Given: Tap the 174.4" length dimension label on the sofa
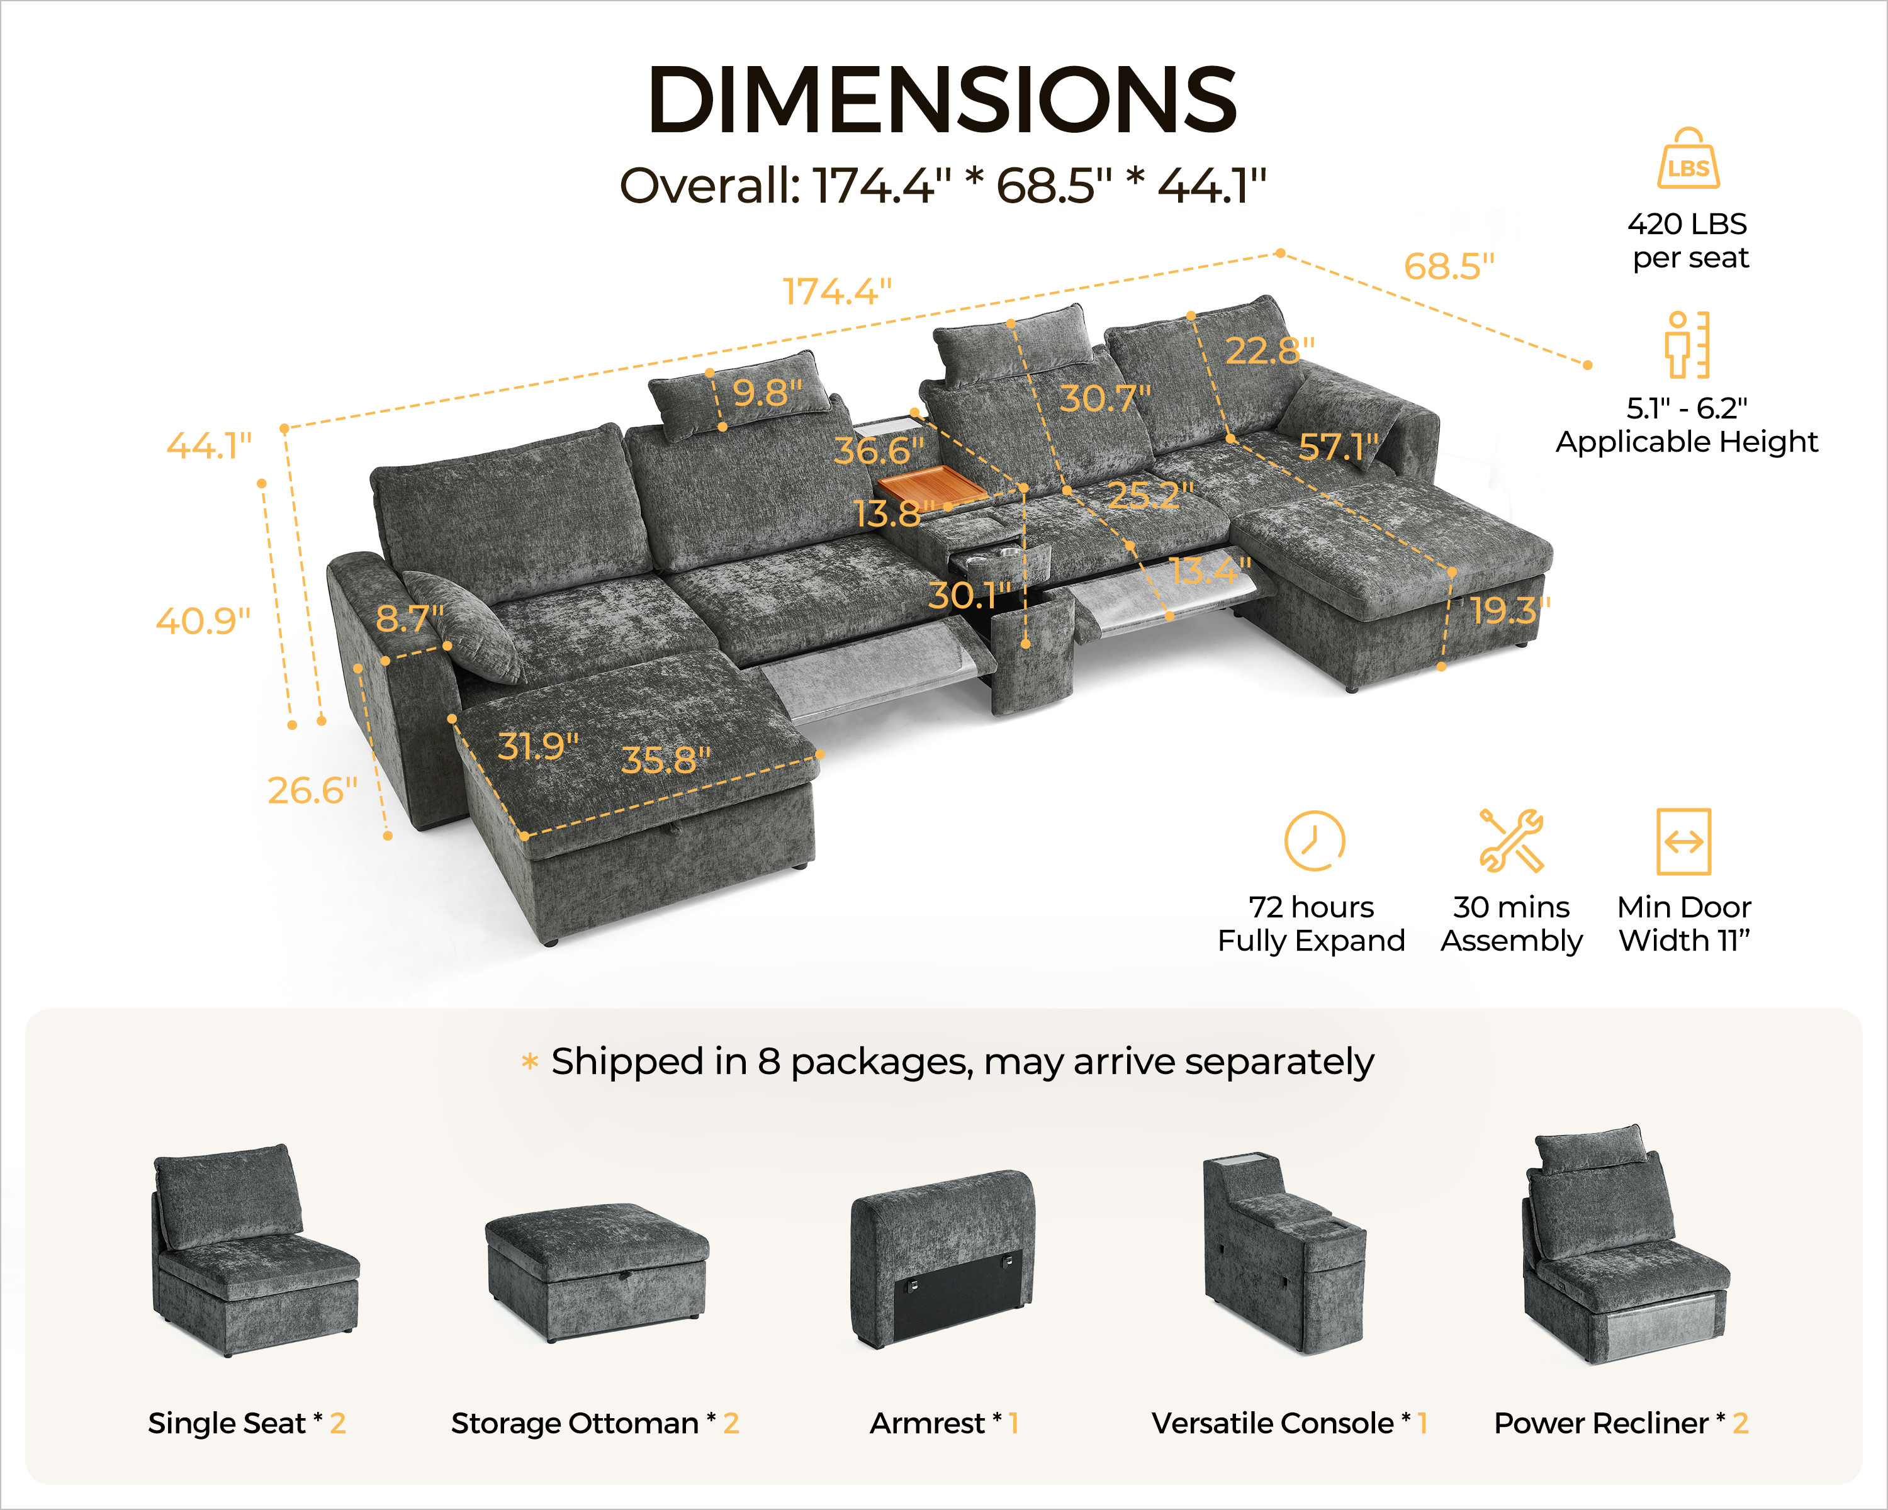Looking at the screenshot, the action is point(836,291).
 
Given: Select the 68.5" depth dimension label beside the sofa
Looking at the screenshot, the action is point(1449,266).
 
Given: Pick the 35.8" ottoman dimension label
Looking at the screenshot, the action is point(666,760).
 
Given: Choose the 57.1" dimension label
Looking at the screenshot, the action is point(1338,447).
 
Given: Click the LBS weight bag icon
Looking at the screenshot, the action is point(1689,159).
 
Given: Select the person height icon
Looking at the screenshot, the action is point(1687,344).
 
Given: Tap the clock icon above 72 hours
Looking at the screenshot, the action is point(1315,841).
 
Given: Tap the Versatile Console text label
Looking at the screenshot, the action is point(1273,1423).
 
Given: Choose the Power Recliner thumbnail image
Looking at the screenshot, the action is point(1626,1244).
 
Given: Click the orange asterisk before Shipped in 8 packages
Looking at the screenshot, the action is point(530,1063).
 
